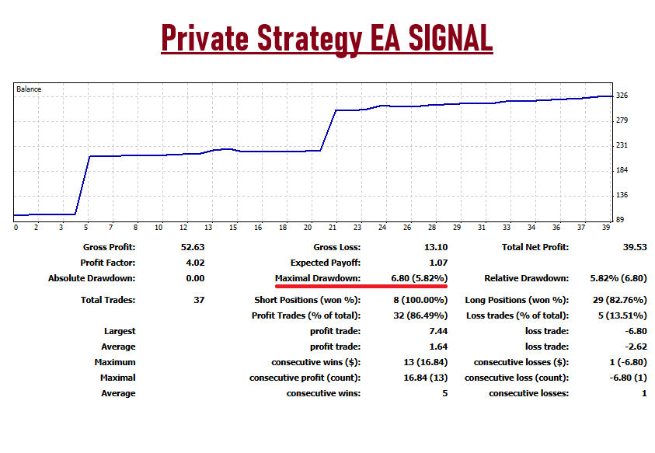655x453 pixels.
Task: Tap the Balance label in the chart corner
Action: point(29,89)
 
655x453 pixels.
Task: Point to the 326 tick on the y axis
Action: point(622,96)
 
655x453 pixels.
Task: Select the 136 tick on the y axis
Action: point(622,196)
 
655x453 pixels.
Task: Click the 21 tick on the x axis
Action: point(333,228)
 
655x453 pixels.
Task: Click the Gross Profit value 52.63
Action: point(192,248)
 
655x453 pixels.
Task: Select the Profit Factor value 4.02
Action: point(194,263)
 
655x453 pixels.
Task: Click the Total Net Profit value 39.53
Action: point(632,248)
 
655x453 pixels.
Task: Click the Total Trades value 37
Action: point(199,300)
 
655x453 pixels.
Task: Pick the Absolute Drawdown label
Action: point(92,278)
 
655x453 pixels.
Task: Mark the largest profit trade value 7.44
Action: point(437,331)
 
